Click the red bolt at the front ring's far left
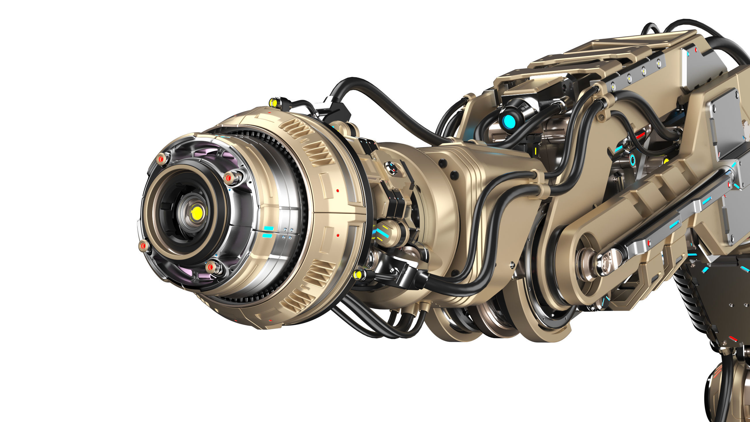(143, 246)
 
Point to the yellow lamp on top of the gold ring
(273, 102)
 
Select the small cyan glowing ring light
(632, 160)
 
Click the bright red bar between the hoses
(640, 135)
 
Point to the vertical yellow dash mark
(535, 151)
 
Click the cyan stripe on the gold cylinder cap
(380, 232)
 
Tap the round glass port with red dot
(391, 168)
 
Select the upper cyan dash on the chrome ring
(268, 228)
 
